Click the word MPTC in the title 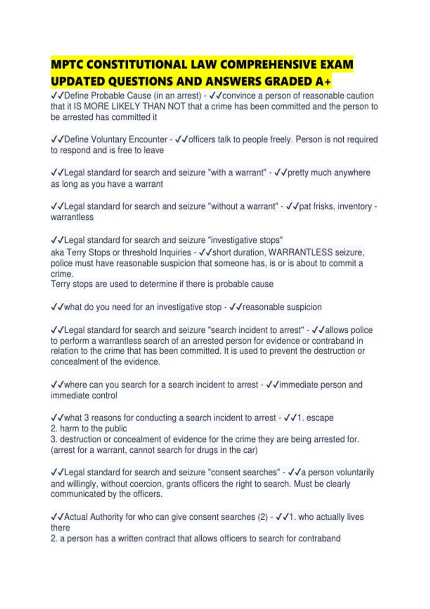pos(67,64)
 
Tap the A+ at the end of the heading pos(323,82)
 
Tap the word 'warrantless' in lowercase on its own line pos(72,217)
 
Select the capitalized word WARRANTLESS pos(300,252)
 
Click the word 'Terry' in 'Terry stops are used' pos(61,284)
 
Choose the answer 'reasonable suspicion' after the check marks pos(282,307)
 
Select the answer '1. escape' pos(315,418)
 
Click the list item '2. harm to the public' pos(89,428)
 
